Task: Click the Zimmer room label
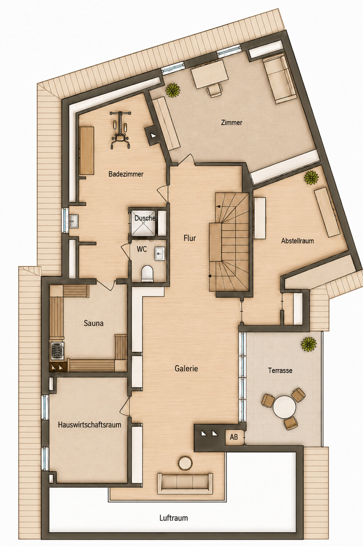pos(231,122)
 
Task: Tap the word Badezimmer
pos(126,174)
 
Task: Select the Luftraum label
pos(173,518)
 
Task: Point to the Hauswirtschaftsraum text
pos(89,425)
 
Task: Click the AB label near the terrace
pos(234,437)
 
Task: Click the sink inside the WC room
pos(160,254)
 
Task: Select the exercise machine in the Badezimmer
pos(120,130)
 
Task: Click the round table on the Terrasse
pos(284,407)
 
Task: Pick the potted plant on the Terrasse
pos(309,344)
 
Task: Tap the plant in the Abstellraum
pos(311,177)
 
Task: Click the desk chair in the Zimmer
pos(215,90)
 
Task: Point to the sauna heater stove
pos(57,351)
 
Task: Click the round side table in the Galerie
pos(185,462)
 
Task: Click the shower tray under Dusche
pos(143,222)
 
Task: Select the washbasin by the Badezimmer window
pos(74,221)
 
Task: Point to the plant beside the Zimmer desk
pos(173,90)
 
